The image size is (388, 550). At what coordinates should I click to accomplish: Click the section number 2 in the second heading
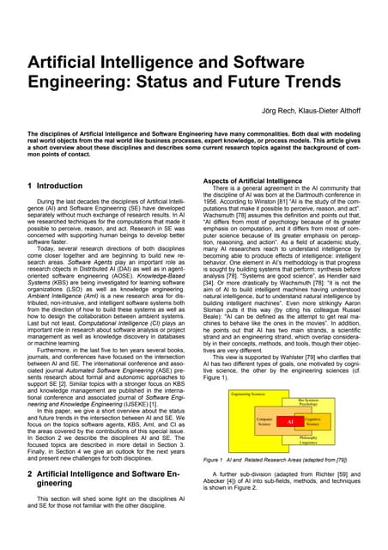(x=30, y=473)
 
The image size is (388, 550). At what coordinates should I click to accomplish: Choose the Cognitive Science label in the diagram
(x=312, y=422)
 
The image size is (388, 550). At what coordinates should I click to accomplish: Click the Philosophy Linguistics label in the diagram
(x=308, y=441)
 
